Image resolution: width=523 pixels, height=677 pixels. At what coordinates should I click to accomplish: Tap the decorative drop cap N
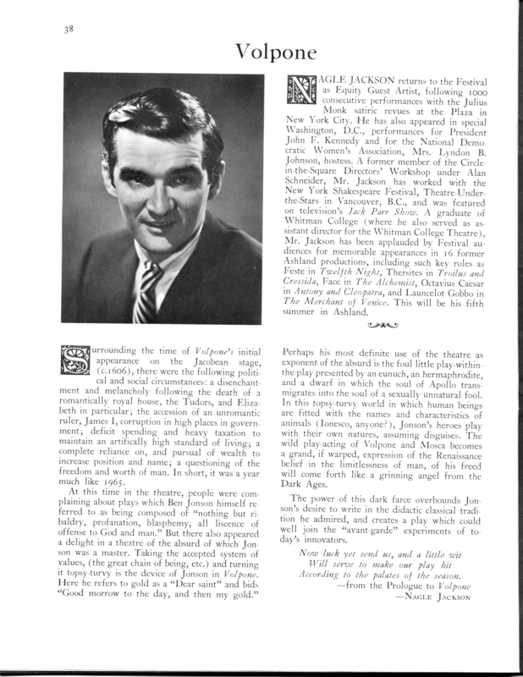coord(302,90)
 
